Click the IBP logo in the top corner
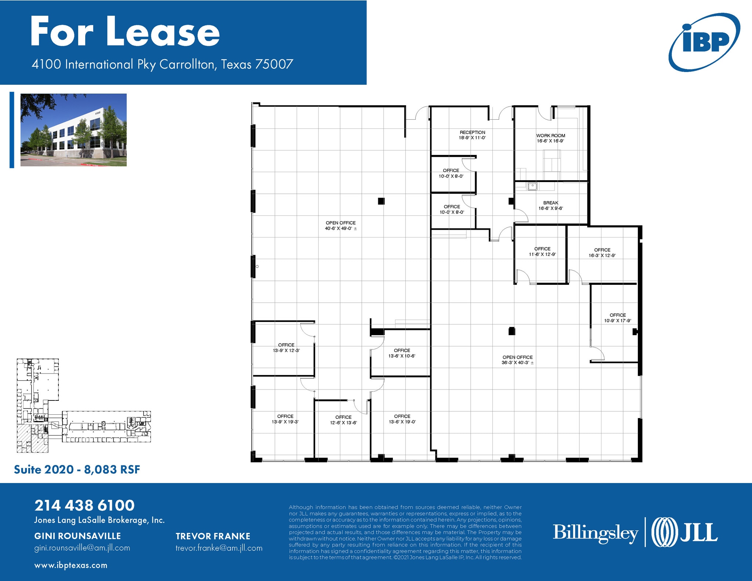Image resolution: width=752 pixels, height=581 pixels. [x=704, y=42]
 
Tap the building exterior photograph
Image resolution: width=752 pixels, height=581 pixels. [x=73, y=130]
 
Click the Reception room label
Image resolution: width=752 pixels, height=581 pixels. [x=472, y=135]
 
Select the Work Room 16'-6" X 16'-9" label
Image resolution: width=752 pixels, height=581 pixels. [x=550, y=138]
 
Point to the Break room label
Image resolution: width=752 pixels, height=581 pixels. [x=550, y=206]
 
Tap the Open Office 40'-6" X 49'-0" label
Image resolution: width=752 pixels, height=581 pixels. [x=340, y=225]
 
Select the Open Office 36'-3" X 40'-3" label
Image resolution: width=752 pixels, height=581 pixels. [x=517, y=360]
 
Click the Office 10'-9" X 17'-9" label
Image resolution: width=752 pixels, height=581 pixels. [x=618, y=318]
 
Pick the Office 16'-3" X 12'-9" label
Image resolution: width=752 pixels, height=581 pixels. [x=602, y=253]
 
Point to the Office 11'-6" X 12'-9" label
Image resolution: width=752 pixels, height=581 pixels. [x=542, y=251]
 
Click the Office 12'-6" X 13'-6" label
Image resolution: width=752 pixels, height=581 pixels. [x=343, y=420]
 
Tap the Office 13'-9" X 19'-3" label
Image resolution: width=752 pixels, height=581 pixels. [x=285, y=419]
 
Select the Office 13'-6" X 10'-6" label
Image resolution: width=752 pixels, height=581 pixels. [x=402, y=353]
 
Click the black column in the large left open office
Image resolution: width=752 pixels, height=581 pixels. [x=381, y=201]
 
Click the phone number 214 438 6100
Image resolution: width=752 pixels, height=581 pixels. [x=84, y=505]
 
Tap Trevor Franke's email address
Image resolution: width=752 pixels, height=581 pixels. [x=219, y=548]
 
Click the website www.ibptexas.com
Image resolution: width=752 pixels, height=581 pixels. [x=71, y=565]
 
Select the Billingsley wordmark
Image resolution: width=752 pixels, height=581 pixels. [x=595, y=533]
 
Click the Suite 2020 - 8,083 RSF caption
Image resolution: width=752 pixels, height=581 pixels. [x=77, y=469]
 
